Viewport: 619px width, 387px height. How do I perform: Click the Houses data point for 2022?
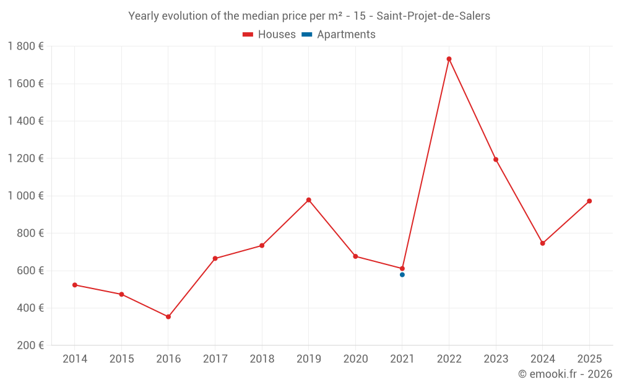coord(449,59)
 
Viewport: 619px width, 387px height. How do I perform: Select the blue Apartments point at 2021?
coord(402,274)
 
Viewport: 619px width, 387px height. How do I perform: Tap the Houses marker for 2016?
coord(168,316)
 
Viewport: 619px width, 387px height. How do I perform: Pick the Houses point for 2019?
coord(309,200)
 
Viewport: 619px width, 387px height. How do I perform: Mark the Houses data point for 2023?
coord(496,159)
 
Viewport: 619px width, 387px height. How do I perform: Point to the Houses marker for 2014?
coord(75,285)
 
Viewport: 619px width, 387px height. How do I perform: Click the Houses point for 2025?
coord(589,201)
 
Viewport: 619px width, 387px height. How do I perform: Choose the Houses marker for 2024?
coord(543,243)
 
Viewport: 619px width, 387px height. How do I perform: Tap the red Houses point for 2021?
coord(402,269)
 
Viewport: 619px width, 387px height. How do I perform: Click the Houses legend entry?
coord(269,35)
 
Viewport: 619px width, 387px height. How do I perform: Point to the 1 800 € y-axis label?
coord(25,46)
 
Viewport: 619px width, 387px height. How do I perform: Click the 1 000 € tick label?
coord(25,196)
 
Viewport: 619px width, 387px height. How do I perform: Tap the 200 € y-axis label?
coord(30,345)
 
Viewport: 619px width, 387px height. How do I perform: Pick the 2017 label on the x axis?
coord(215,359)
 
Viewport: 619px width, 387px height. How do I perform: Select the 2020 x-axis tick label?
coord(355,359)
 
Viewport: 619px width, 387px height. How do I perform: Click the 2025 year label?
coord(589,359)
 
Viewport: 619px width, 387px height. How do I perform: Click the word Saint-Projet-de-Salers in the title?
coord(433,16)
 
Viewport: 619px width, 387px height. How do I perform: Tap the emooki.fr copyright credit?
coord(565,374)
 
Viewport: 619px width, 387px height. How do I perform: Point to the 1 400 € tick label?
coord(25,121)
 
